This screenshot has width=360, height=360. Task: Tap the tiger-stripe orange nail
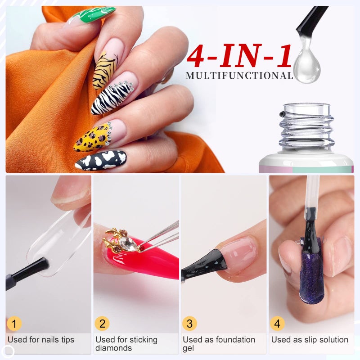[x=104, y=71]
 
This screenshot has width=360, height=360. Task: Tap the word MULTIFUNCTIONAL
[x=239, y=76]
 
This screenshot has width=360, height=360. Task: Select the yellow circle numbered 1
[x=15, y=324]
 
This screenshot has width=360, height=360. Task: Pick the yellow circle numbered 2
[x=102, y=324]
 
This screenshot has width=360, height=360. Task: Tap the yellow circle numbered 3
[x=189, y=324]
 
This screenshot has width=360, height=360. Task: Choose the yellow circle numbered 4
[x=277, y=324]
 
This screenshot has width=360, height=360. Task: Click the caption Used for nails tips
[x=40, y=340]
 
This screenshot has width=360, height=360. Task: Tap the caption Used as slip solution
[x=310, y=340]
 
